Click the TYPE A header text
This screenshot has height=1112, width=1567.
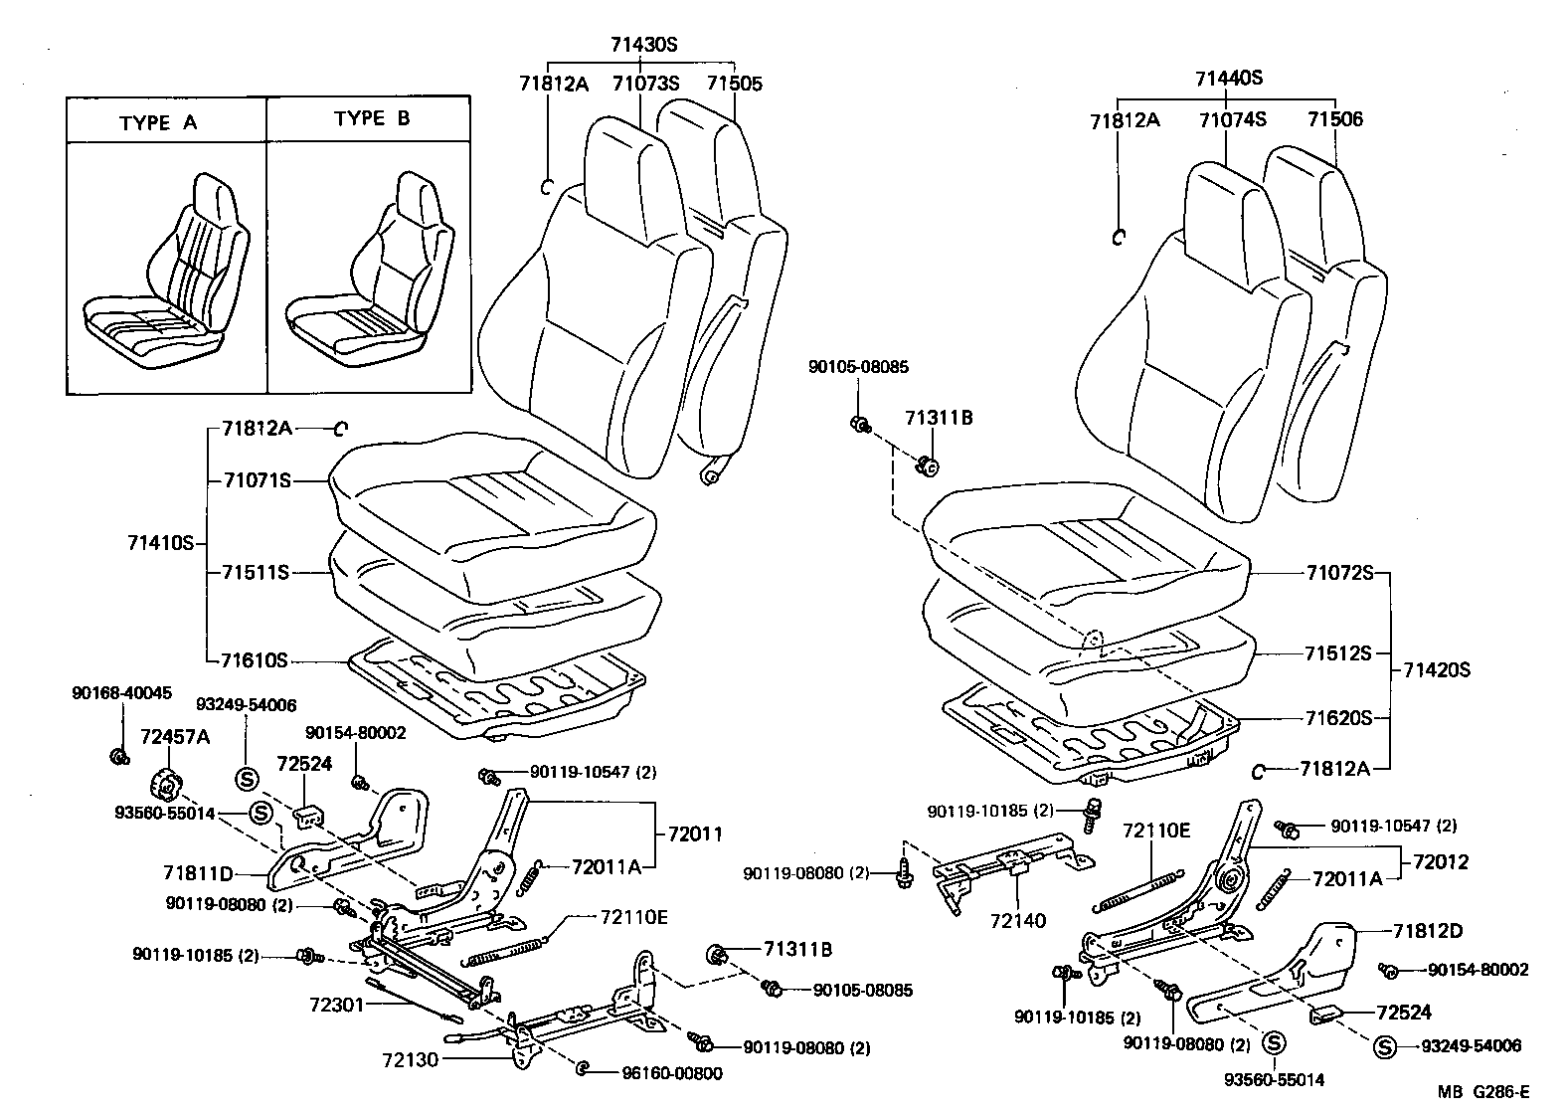pos(158,123)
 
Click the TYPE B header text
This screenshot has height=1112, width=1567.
pos(372,118)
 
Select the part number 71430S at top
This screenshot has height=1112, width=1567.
pos(643,45)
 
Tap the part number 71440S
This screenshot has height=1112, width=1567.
pos(1228,79)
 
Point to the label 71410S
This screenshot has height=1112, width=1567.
pos(159,543)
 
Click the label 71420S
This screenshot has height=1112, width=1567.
pos(1436,669)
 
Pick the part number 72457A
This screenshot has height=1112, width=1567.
pos(174,737)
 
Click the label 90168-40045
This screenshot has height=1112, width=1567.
pos(121,692)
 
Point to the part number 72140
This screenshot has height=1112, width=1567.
pos(1018,920)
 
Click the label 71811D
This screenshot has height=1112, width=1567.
pos(199,873)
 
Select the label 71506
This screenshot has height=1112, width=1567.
pos(1334,119)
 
